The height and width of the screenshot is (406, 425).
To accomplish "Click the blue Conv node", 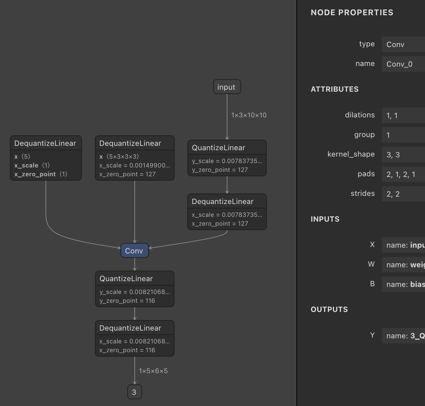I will pyautogui.click(x=135, y=251).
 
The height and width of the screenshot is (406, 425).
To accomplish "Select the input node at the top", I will pyautogui.click(x=227, y=87).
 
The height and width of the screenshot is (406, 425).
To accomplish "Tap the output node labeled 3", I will pyautogui.click(x=134, y=392).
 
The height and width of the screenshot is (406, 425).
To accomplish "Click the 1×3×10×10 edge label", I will pyautogui.click(x=249, y=115).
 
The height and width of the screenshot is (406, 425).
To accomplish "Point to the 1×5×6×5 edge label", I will pyautogui.click(x=153, y=371).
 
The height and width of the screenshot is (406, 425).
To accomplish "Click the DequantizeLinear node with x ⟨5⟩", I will pyautogui.click(x=46, y=143).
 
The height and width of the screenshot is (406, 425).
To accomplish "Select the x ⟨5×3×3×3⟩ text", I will pyautogui.click(x=119, y=157).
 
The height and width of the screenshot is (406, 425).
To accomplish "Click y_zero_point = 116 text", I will pyautogui.click(x=127, y=301).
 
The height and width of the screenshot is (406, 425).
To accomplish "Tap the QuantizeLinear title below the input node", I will pyautogui.click(x=219, y=148).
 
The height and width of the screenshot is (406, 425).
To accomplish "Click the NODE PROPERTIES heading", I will pyautogui.click(x=352, y=13).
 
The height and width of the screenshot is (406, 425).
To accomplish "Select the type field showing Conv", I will pyautogui.click(x=403, y=45).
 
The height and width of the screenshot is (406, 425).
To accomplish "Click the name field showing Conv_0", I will pyautogui.click(x=403, y=64).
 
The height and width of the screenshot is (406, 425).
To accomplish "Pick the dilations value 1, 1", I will pyautogui.click(x=403, y=116).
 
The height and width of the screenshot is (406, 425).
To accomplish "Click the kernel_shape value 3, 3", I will pyautogui.click(x=403, y=155).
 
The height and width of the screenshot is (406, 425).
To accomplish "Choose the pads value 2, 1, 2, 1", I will pyautogui.click(x=403, y=175).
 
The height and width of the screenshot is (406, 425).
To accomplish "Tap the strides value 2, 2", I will pyautogui.click(x=403, y=194).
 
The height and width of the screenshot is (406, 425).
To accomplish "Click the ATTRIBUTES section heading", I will pyautogui.click(x=335, y=89).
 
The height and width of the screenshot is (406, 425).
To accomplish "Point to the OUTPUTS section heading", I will pyautogui.click(x=329, y=310).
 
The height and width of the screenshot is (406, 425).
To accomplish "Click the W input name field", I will pyautogui.click(x=403, y=265).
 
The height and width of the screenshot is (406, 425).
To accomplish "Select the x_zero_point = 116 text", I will pyautogui.click(x=127, y=350).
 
